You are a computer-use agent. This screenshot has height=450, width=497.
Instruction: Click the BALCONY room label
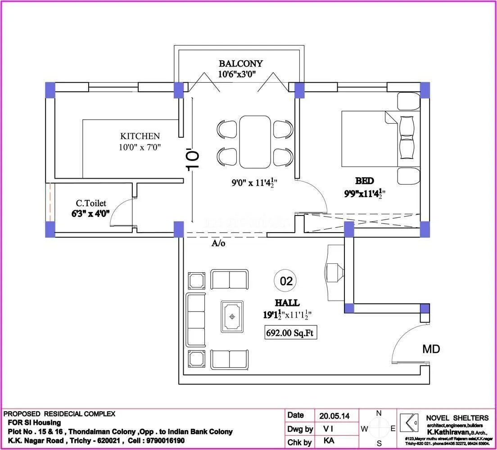[240, 63]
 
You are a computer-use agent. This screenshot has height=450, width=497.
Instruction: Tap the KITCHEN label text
[140, 136]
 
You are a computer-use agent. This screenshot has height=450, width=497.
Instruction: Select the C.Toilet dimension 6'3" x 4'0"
[90, 214]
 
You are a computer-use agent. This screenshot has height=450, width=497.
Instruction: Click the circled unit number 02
[286, 282]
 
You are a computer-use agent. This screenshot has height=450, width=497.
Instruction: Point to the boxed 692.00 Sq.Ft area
[290, 334]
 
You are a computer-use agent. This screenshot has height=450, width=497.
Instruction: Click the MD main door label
[431, 349]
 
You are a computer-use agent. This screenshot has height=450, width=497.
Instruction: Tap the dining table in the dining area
[255, 141]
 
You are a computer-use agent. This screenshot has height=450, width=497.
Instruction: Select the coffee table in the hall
[232, 316]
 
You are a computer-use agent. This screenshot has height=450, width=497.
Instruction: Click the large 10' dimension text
[193, 160]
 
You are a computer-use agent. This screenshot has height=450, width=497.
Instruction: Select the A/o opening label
[218, 243]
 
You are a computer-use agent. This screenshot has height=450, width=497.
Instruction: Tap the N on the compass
[379, 413]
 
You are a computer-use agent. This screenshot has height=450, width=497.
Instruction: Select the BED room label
[364, 181]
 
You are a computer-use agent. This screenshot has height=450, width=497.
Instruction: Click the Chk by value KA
[329, 441]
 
